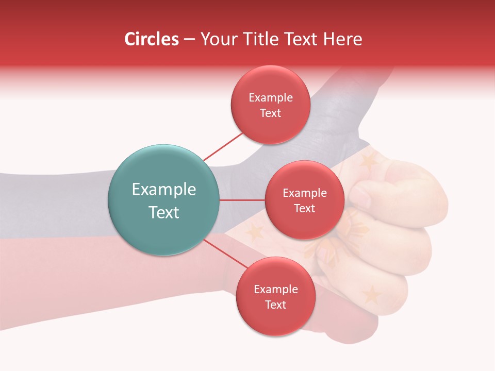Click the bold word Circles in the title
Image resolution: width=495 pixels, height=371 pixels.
(x=152, y=39)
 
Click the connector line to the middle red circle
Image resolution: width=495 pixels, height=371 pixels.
(x=242, y=200)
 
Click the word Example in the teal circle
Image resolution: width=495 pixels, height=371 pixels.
(x=164, y=189)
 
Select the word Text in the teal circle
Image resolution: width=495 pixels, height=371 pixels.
(x=164, y=212)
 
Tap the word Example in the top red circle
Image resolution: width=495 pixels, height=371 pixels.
(x=271, y=97)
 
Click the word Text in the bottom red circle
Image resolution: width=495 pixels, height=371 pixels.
(x=275, y=305)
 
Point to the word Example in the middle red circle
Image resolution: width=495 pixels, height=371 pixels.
(x=304, y=193)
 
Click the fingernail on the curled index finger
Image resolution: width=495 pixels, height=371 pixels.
(x=361, y=195)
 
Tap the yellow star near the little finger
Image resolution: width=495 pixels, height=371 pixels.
(x=371, y=295)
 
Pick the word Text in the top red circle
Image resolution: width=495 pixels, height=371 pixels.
(x=271, y=113)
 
